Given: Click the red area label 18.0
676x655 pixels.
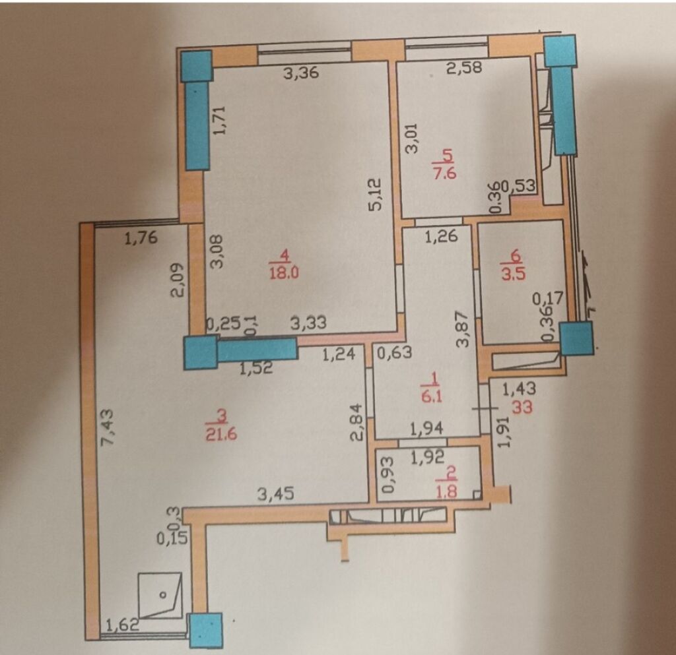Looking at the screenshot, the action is [x=284, y=272].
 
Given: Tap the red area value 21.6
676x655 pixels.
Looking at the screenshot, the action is [x=221, y=435].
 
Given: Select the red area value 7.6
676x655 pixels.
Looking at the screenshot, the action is [x=444, y=173].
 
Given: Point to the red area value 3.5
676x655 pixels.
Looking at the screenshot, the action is [x=514, y=274].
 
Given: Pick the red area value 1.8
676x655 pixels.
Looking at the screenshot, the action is [x=447, y=491].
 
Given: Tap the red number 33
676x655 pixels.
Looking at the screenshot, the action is [x=522, y=407].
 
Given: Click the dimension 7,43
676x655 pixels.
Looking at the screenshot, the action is [x=106, y=427].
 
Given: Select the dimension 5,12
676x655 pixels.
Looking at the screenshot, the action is [x=376, y=194].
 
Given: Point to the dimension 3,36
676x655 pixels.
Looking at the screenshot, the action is [x=301, y=73].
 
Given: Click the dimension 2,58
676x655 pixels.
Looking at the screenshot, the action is [x=463, y=67].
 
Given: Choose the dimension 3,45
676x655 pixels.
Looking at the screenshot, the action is [x=276, y=493].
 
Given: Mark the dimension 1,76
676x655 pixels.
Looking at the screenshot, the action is [x=141, y=237].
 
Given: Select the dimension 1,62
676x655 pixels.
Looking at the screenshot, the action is [x=122, y=624].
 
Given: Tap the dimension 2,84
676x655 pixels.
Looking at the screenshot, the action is [x=357, y=422].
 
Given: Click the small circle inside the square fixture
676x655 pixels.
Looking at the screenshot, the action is [x=163, y=595].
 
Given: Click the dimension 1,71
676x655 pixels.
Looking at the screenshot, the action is [x=219, y=121].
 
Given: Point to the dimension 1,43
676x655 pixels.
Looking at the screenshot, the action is [x=519, y=389].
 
